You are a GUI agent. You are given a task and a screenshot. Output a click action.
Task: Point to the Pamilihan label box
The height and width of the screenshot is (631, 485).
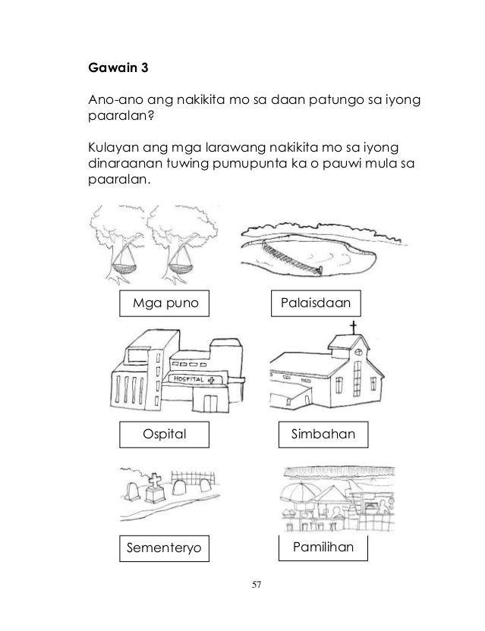[323, 545]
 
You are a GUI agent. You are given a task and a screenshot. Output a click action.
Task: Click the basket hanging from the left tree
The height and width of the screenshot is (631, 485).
[124, 266]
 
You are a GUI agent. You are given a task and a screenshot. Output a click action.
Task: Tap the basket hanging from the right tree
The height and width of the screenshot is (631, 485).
[182, 266]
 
